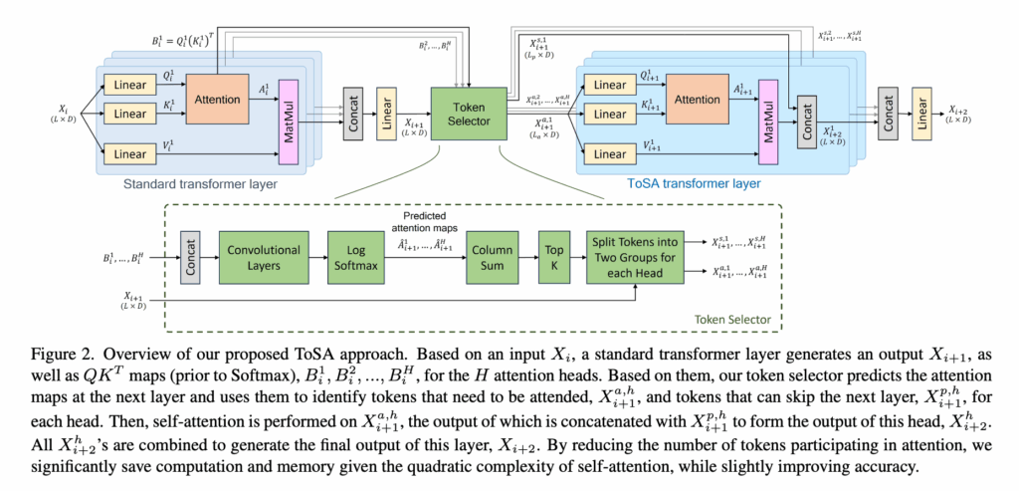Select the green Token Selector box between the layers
click(x=467, y=113)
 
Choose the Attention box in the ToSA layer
click(x=698, y=100)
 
